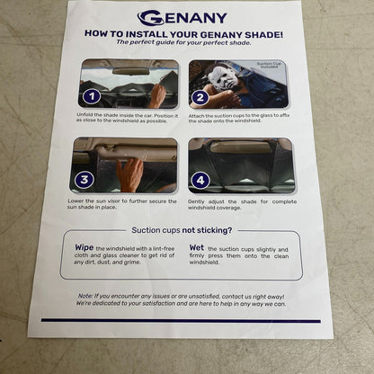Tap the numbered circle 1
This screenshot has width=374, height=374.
click(90, 95)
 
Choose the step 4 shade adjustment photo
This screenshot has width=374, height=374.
click(241, 165)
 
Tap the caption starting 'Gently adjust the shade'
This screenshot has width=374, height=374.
click(241, 204)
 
